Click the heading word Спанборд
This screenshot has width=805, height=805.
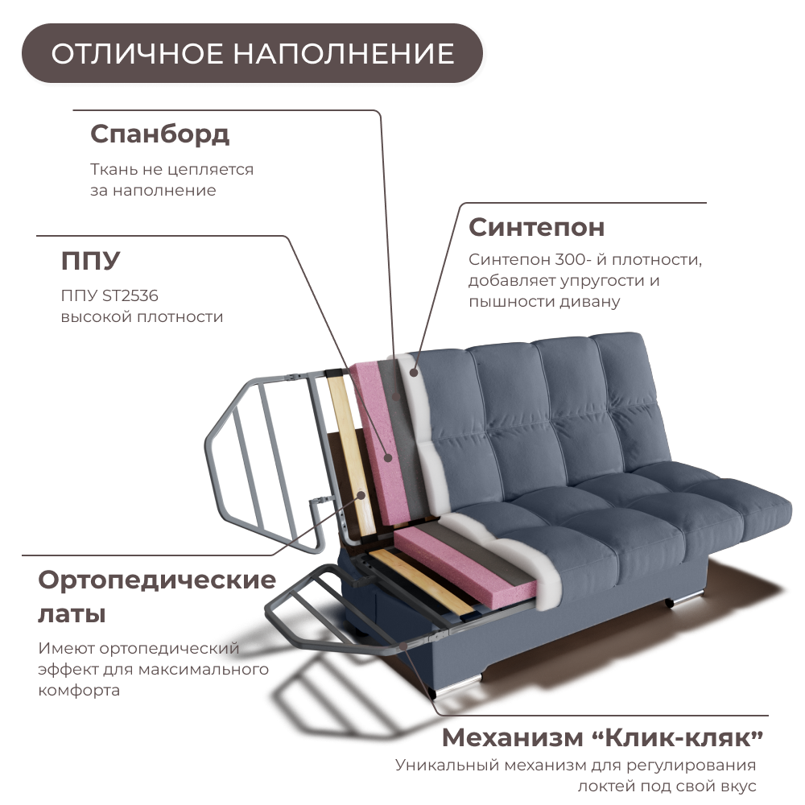pos(159,134)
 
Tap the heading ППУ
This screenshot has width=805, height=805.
pos(90,261)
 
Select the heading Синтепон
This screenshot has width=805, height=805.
pos(536,227)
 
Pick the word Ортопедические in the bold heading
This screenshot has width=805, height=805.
pos(157,580)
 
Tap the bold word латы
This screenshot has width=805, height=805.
pos(72,615)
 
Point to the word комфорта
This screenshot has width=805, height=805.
pos(79,691)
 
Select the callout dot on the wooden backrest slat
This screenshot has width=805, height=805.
pos(361,494)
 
